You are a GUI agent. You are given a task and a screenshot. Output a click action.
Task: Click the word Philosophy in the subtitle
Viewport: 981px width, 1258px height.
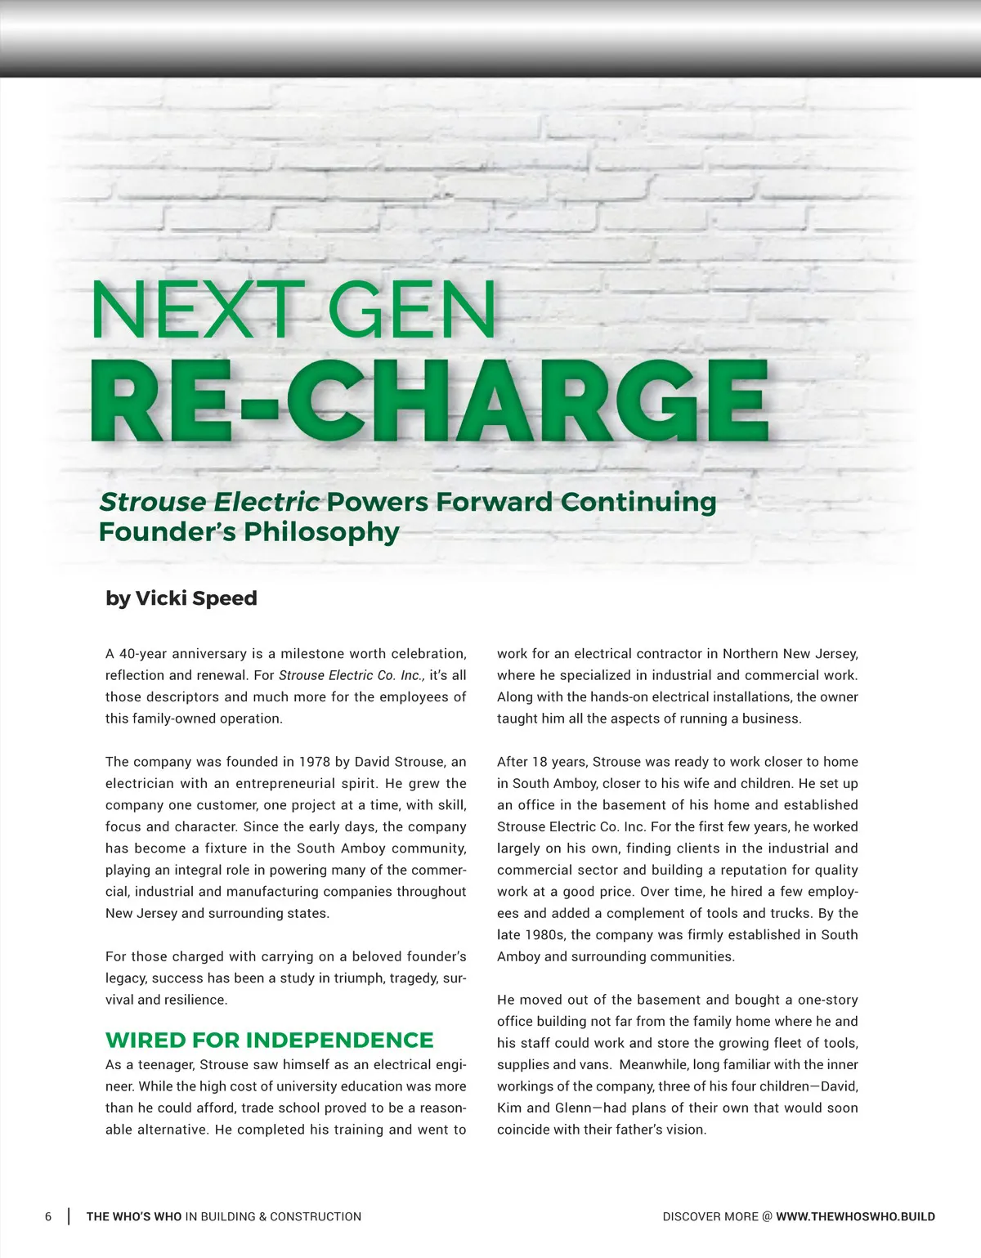click(x=321, y=532)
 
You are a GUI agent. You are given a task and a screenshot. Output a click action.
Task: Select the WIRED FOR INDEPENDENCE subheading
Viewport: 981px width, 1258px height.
click(x=269, y=1040)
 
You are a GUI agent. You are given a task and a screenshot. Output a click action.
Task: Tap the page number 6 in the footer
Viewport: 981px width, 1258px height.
click(x=48, y=1216)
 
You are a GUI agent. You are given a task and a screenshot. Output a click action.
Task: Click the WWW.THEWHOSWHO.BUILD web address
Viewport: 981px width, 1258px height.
click(x=855, y=1216)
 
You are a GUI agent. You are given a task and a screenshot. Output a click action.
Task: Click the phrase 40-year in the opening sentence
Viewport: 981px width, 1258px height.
click(x=141, y=654)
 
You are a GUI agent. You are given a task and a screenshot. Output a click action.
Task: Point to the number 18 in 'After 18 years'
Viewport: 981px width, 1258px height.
click(x=540, y=762)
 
